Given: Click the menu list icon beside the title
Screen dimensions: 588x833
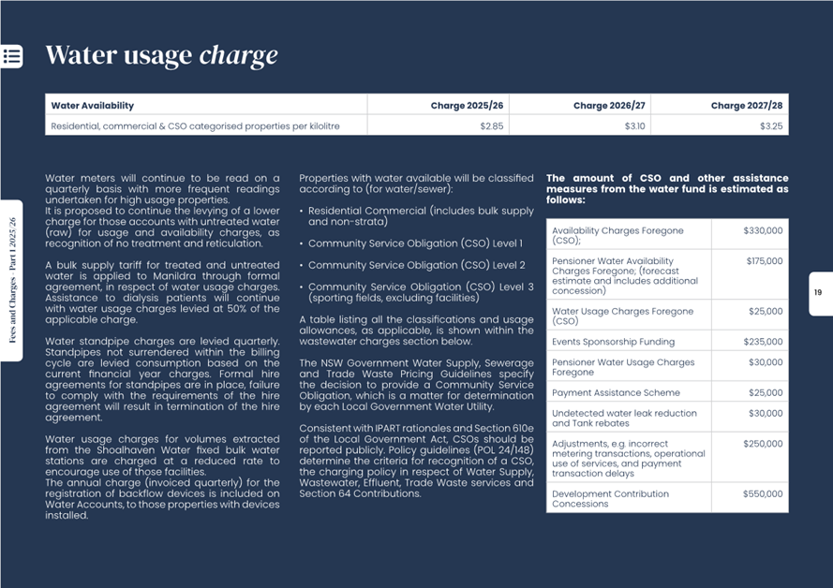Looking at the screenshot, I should pyautogui.click(x=12, y=55).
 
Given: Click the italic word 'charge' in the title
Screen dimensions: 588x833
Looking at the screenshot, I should pyautogui.click(x=238, y=55).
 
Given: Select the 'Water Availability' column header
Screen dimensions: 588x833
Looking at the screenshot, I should pyautogui.click(x=92, y=106).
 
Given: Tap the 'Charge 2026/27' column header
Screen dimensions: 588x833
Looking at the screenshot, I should pyautogui.click(x=609, y=106).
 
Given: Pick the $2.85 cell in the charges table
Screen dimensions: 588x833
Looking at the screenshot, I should pyautogui.click(x=492, y=125).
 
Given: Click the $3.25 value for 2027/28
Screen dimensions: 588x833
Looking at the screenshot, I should pyautogui.click(x=771, y=125).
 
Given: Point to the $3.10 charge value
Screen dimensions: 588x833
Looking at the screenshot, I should pyautogui.click(x=634, y=125).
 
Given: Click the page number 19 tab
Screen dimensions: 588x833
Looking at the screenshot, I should pyautogui.click(x=818, y=293).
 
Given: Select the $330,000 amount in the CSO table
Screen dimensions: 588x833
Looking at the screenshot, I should pyautogui.click(x=763, y=230).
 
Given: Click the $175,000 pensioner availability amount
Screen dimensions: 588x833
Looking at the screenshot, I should pyautogui.click(x=764, y=261).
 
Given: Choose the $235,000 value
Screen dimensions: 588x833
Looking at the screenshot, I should pyautogui.click(x=763, y=342).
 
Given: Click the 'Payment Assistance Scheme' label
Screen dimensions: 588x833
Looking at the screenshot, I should pyautogui.click(x=616, y=393).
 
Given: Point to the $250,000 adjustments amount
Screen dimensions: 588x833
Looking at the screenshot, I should pyautogui.click(x=763, y=444).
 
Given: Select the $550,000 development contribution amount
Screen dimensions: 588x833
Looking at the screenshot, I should pyautogui.click(x=763, y=493).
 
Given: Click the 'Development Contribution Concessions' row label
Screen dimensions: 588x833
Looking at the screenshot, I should pyautogui.click(x=610, y=498).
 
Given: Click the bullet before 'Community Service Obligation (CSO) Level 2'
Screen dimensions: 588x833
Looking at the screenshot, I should pyautogui.click(x=302, y=266).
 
